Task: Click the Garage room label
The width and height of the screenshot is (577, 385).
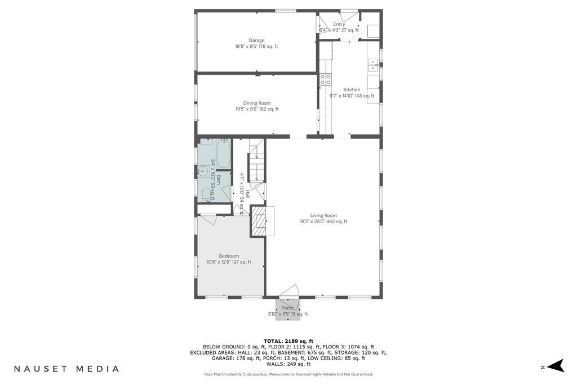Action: (x=256, y=41)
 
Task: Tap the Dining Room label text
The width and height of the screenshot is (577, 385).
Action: (x=257, y=103)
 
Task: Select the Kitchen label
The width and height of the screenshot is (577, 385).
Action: (x=352, y=90)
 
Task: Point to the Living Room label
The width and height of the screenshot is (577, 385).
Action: (x=323, y=216)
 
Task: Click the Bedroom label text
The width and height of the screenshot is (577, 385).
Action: (x=229, y=256)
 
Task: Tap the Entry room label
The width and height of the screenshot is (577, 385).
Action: (x=339, y=24)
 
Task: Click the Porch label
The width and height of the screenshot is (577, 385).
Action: (x=288, y=308)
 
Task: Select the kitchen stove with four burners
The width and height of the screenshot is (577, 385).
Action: (x=325, y=79)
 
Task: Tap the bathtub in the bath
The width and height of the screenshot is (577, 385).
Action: (x=223, y=154)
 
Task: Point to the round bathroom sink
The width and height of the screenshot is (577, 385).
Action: (x=203, y=171)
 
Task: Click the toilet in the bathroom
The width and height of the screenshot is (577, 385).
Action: (x=206, y=194)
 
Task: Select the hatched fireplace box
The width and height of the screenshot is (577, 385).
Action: (x=258, y=221)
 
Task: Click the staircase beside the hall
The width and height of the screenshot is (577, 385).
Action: (x=256, y=161)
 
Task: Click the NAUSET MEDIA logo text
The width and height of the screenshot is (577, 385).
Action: (x=66, y=369)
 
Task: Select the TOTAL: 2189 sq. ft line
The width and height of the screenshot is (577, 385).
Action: (x=288, y=341)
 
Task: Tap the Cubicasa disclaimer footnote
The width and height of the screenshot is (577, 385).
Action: (x=288, y=374)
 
